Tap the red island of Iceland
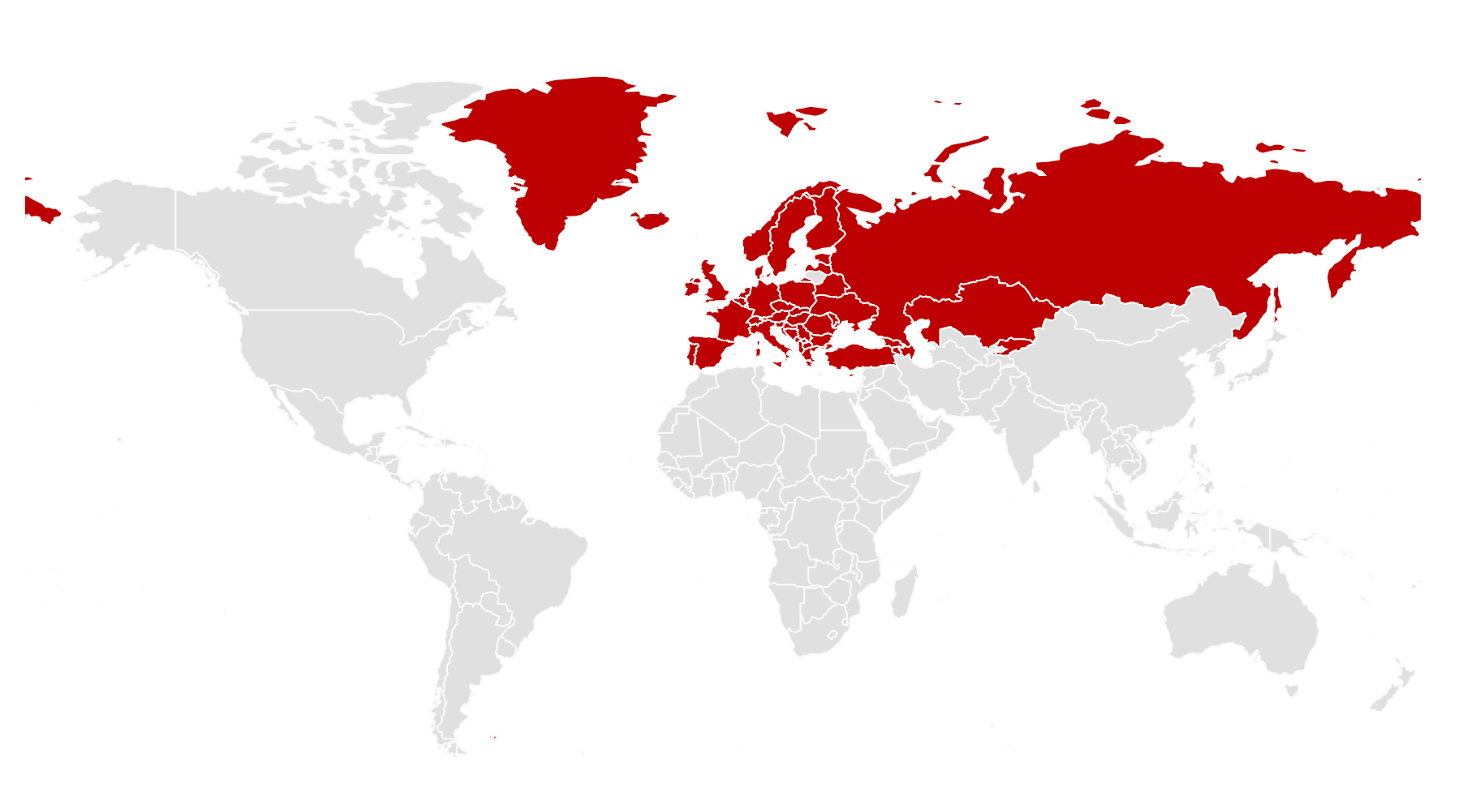(x=651, y=220)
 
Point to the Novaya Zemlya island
(x=957, y=150)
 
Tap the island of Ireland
(x=692, y=287)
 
